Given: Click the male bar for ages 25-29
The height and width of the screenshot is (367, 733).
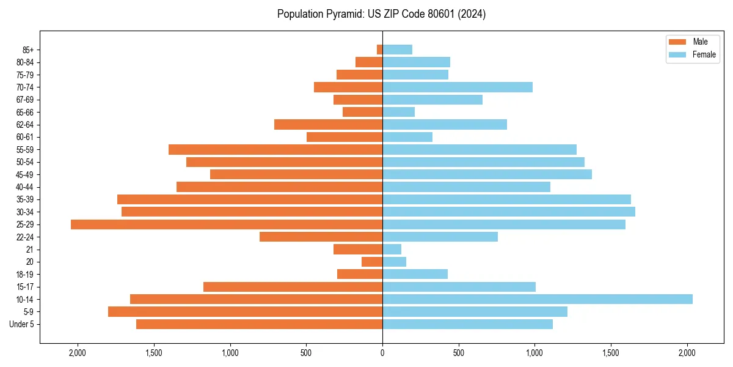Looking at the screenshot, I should (x=226, y=224).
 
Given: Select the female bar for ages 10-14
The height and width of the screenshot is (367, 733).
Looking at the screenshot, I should (x=538, y=299).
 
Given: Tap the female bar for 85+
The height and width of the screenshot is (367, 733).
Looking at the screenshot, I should (x=398, y=50).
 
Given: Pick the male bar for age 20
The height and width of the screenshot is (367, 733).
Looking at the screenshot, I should (x=372, y=262).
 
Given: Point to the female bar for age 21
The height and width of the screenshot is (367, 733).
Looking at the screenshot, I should (x=392, y=250).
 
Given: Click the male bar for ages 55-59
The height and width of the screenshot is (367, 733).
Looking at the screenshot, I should (x=275, y=150).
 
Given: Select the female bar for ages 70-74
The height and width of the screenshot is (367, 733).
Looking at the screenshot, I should (x=458, y=87).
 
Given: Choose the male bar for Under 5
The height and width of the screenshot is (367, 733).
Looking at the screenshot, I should (x=259, y=324).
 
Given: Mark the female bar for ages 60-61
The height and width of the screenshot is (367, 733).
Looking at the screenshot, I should (x=407, y=137).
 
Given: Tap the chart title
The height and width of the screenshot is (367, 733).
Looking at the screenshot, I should (x=381, y=14).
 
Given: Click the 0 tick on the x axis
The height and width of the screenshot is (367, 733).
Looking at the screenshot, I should (x=382, y=353).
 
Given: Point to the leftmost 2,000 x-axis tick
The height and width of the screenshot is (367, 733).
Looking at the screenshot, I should (x=78, y=353).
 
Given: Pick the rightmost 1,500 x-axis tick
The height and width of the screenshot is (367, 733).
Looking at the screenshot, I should (x=611, y=353).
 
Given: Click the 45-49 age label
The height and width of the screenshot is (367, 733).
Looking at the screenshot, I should (x=24, y=175).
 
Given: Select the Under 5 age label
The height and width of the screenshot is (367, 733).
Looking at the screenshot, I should (x=22, y=324).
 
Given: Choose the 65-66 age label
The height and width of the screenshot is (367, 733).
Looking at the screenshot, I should (x=24, y=113).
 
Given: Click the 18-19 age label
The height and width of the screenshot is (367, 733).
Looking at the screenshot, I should (x=24, y=275).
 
